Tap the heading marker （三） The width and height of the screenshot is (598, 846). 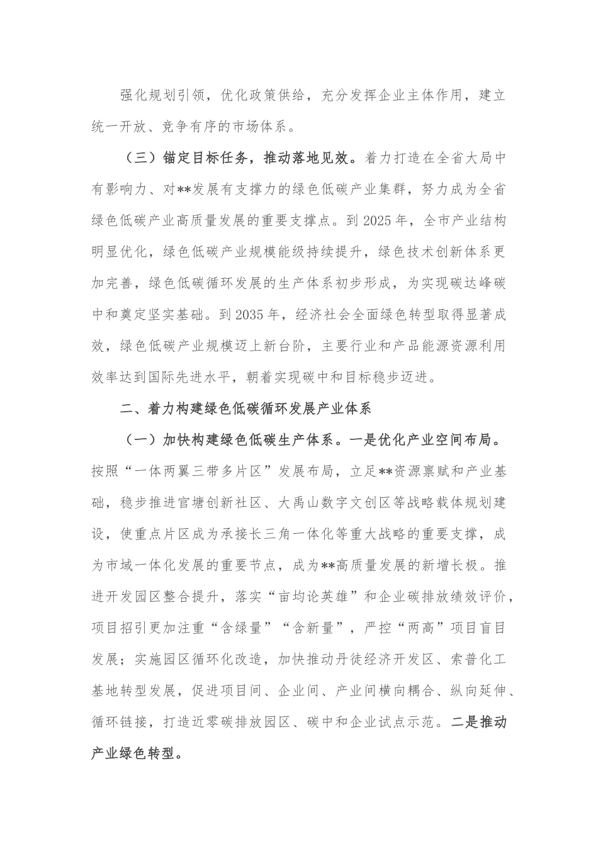(x=138, y=159)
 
